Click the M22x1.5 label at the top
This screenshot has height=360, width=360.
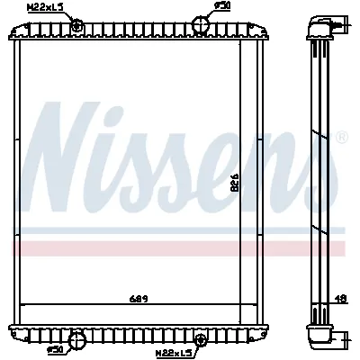pyautogui.click(x=45, y=8)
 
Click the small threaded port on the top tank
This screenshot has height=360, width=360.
pyautogui.click(x=78, y=24)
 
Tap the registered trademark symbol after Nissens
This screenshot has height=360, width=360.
pyautogui.click(x=341, y=138)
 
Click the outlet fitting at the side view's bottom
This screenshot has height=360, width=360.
pyautogui.click(x=325, y=337)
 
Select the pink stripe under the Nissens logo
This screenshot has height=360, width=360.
pyautogui.click(x=180, y=247)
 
